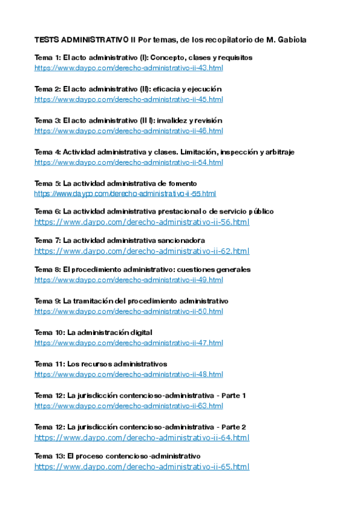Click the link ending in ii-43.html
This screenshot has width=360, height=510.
tap(129, 68)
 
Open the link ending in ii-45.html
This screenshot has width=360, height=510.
tap(129, 99)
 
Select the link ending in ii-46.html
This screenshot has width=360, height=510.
tap(129, 131)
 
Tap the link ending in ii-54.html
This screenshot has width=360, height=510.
tap(129, 162)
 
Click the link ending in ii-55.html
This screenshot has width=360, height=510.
tap(125, 194)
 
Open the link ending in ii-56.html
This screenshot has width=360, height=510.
tap(142, 222)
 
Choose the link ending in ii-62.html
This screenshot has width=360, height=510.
tap(142, 251)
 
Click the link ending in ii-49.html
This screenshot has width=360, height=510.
tap(129, 280)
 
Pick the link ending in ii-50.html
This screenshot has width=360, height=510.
tap(129, 312)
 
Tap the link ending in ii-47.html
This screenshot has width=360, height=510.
tap(129, 343)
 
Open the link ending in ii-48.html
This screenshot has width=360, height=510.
tap(129, 374)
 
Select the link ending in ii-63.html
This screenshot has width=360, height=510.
tap(129, 406)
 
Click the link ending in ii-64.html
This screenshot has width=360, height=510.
tap(142, 437)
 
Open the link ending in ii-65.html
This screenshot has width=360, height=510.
tap(142, 467)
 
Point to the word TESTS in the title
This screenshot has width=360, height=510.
tap(47, 40)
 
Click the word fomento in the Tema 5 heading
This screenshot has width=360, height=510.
tap(184, 183)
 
